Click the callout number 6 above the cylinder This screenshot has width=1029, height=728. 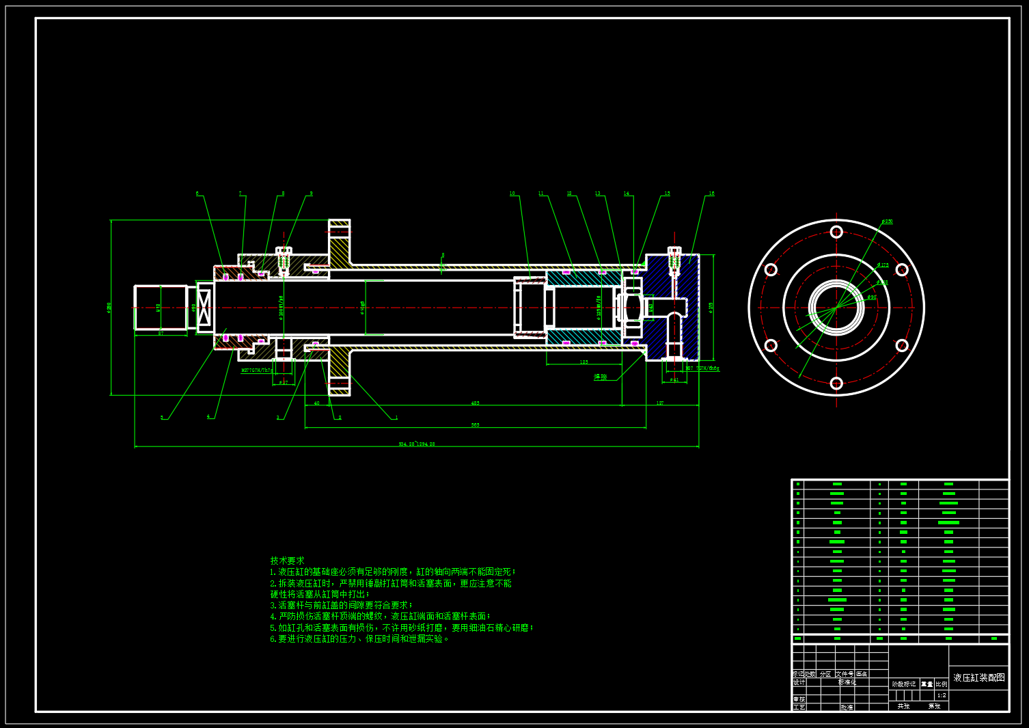tap(197, 193)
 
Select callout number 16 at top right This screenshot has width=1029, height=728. tap(711, 193)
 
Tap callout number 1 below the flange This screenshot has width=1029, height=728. tap(396, 418)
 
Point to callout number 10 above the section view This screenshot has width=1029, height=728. tap(512, 193)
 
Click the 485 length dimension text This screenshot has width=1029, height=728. tap(475, 403)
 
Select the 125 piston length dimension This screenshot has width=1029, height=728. tap(584, 362)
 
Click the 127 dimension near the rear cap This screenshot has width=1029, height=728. tap(660, 403)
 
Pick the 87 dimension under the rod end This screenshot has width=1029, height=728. tap(161, 333)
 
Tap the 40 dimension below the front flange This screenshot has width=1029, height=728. tap(316, 403)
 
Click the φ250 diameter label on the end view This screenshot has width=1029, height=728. tap(887, 221)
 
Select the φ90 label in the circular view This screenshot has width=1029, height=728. tap(872, 297)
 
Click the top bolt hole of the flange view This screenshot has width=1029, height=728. tap(836, 232)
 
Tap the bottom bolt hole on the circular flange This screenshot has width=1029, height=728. tap(836, 383)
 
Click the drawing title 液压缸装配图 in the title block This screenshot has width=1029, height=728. tap(978, 677)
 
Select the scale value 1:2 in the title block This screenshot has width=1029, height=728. tap(942, 695)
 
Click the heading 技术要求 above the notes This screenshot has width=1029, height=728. tap(287, 561)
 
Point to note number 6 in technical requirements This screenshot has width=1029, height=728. tap(273, 639)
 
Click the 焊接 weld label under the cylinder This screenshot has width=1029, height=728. tap(600, 377)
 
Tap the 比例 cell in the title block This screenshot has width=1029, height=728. tap(942, 684)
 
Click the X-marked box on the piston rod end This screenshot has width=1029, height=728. tap(205, 308)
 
